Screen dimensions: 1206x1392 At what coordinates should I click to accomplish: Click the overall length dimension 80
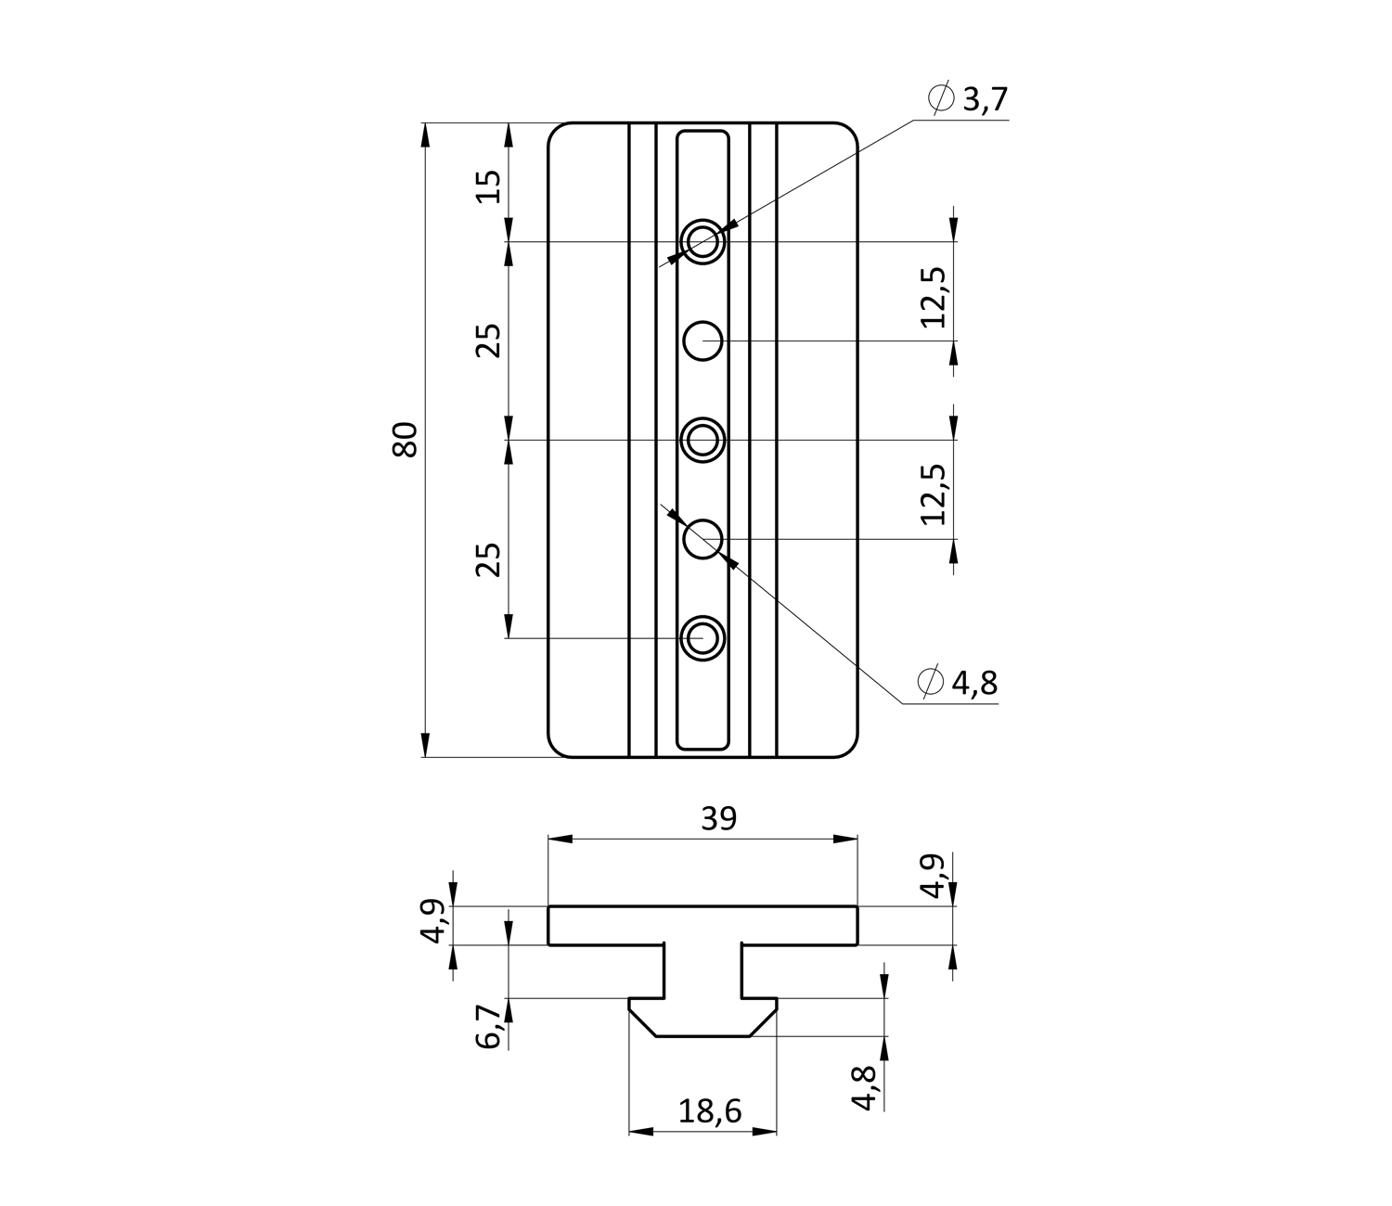point(406,439)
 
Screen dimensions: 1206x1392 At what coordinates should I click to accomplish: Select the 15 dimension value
point(489,186)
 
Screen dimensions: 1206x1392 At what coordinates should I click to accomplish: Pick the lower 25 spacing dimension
point(489,558)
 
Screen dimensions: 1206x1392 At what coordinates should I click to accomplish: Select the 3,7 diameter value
point(985,98)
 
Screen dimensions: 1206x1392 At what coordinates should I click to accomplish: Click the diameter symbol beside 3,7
point(940,97)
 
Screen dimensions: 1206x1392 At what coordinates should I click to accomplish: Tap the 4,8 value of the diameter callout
point(973,683)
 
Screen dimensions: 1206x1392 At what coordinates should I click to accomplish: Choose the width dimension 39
point(718,818)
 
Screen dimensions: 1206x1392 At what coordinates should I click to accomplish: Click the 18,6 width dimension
point(710,1110)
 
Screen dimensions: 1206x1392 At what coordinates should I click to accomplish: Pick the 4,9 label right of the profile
point(935,875)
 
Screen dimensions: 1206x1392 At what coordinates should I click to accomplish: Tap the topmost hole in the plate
point(703,242)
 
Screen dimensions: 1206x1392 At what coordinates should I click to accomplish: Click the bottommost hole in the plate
point(703,638)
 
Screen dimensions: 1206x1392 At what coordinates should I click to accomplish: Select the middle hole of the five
point(703,440)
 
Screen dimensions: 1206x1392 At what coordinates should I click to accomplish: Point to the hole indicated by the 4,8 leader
point(703,538)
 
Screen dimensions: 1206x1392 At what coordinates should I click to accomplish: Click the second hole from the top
point(703,340)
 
